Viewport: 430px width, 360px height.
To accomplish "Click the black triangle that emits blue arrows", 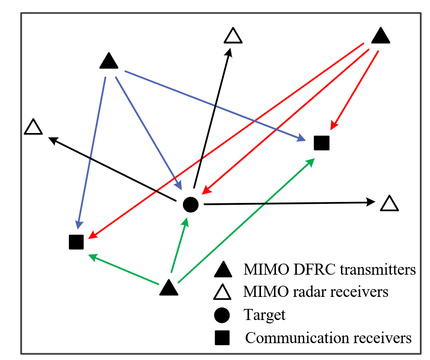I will tap(109, 61).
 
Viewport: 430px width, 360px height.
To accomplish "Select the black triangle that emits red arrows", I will tap(380, 36).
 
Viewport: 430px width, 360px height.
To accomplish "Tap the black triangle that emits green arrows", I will tap(169, 288).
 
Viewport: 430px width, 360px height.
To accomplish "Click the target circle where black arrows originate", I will tap(191, 205).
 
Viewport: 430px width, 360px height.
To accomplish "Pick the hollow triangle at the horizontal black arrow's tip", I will tap(389, 203).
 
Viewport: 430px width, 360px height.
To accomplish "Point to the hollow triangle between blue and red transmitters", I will tap(233, 36).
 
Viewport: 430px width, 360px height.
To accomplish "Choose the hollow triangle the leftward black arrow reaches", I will tap(33, 127).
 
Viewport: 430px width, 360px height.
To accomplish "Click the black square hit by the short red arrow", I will tap(321, 143).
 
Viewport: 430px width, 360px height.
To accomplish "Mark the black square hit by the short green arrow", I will tap(77, 242).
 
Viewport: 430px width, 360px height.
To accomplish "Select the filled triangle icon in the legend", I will tap(222, 270).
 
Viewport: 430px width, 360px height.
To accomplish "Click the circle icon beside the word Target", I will tap(222, 315).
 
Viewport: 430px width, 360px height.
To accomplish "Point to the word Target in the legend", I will tap(264, 315).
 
